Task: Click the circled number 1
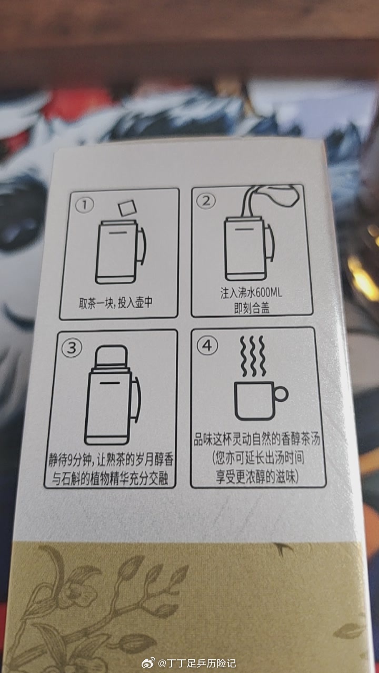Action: (x=85, y=205)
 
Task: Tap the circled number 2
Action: (x=206, y=200)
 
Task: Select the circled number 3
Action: (x=72, y=348)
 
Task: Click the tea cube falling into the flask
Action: (x=127, y=208)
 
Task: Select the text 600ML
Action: (x=268, y=292)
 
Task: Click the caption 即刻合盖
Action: (x=252, y=308)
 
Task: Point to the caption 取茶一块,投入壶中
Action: (x=115, y=303)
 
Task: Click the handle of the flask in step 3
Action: (x=137, y=400)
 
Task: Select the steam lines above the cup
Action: (x=253, y=356)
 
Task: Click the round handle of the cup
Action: (x=281, y=393)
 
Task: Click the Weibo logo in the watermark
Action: (x=148, y=663)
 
